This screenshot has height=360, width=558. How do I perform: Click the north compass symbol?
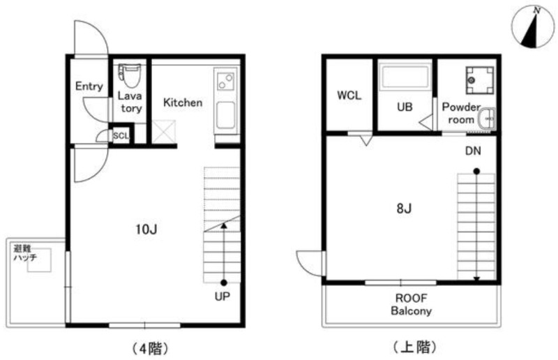click(x=532, y=27)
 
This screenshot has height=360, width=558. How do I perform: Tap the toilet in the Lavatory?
click(x=130, y=75)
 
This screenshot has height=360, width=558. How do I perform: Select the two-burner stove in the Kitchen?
click(x=226, y=81)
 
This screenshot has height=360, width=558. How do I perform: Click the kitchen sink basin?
click(x=225, y=115)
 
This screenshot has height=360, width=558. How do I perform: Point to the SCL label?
click(x=121, y=135)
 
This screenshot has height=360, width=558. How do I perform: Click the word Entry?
click(x=89, y=86)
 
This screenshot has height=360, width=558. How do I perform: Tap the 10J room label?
click(x=146, y=230)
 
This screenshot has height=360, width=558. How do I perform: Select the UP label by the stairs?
click(x=223, y=296)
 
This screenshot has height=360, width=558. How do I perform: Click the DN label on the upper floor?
click(x=473, y=151)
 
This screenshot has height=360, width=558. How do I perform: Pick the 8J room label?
click(x=404, y=209)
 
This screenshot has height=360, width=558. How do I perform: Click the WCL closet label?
click(x=349, y=95)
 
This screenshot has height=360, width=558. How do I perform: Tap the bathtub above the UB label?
click(x=405, y=77)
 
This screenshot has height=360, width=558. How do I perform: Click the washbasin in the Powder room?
click(x=486, y=119)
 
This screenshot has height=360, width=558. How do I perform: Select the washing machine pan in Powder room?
click(x=479, y=80)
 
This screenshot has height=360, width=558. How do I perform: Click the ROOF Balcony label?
click(x=412, y=304)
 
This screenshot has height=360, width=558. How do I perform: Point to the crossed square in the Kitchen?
click(x=164, y=132)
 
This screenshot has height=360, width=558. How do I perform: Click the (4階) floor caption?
click(x=150, y=348)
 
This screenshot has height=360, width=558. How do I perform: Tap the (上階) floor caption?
click(x=414, y=347)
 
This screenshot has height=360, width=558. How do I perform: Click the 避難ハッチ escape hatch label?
click(x=25, y=253)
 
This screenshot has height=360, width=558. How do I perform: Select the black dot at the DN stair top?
click(x=476, y=171)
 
